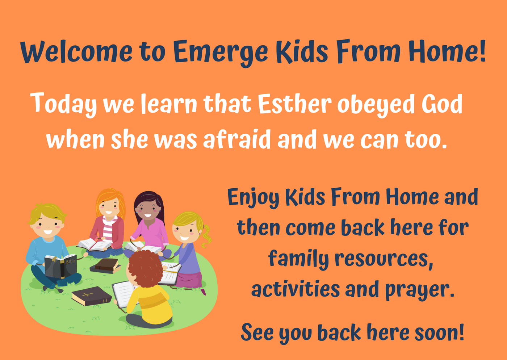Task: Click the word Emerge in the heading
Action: [221, 53]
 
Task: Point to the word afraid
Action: [237, 139]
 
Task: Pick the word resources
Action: [384, 259]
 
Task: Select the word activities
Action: [296, 288]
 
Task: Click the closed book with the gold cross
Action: [91, 296]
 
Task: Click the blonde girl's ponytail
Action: [206, 235]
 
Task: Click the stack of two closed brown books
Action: [105, 266]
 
